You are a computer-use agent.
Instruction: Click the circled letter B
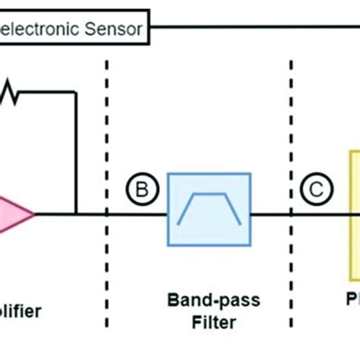pos(139,189)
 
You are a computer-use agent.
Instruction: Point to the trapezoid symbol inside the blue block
pos(209,210)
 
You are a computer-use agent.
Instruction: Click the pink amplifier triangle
pos(15,213)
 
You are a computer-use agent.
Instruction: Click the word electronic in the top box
pos(42,30)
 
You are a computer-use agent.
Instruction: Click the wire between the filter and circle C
pos(270,213)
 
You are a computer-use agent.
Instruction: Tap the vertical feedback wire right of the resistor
pos(76,152)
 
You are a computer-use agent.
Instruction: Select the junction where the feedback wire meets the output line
pos(76,213)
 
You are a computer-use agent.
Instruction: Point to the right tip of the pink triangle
pos(34,213)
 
